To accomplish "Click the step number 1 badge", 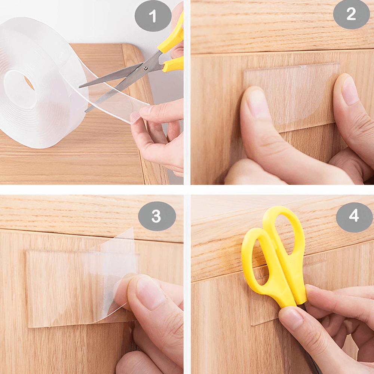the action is click(x=153, y=16).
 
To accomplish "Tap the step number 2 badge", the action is click(x=351, y=14).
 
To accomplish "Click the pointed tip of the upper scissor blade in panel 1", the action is click(x=80, y=87).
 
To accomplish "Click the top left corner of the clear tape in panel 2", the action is click(x=244, y=71).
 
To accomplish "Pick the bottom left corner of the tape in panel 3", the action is click(x=29, y=327).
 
